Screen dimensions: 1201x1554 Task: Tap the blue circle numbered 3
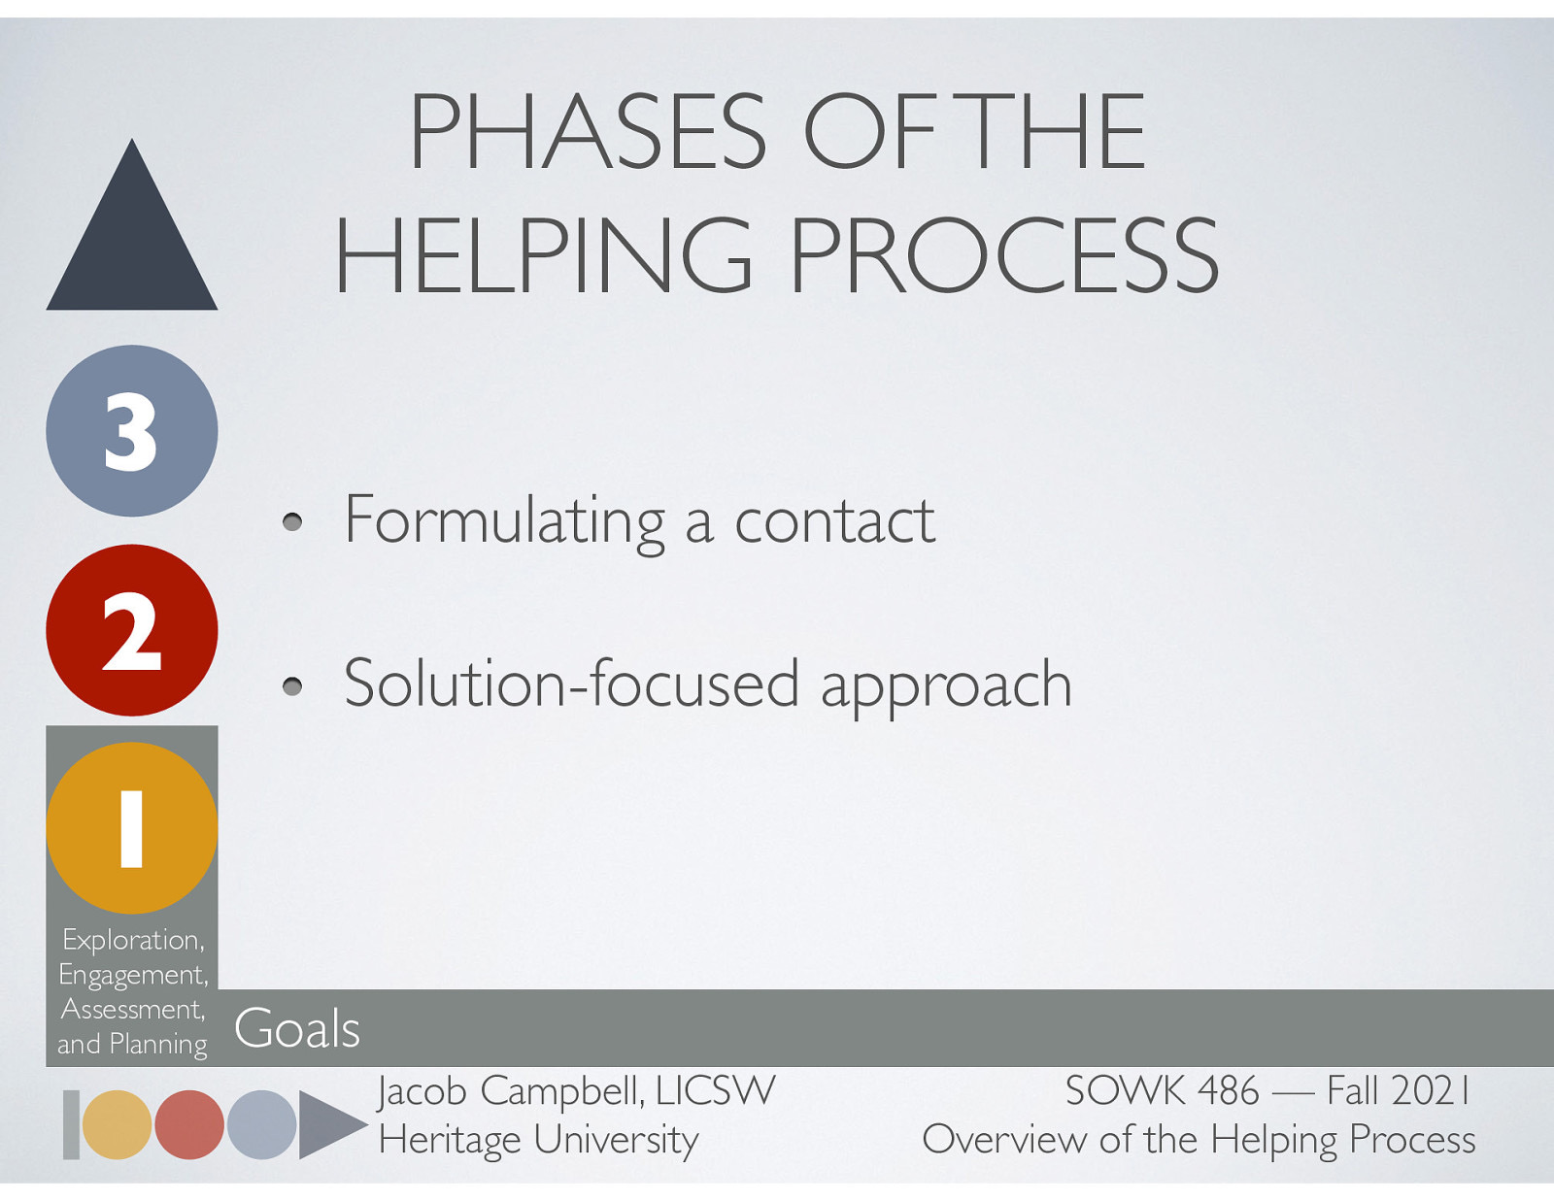132,431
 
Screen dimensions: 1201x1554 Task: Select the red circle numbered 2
132,630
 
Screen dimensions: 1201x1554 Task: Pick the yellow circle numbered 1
132,828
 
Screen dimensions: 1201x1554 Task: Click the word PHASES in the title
588,132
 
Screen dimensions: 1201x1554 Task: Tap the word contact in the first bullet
834,521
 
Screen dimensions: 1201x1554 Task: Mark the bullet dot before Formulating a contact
292,524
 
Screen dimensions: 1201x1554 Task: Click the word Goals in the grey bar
297,1029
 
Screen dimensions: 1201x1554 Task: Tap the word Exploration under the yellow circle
132,940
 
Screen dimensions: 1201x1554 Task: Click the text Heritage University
538,1140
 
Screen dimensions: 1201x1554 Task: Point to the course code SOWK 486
1162,1091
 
